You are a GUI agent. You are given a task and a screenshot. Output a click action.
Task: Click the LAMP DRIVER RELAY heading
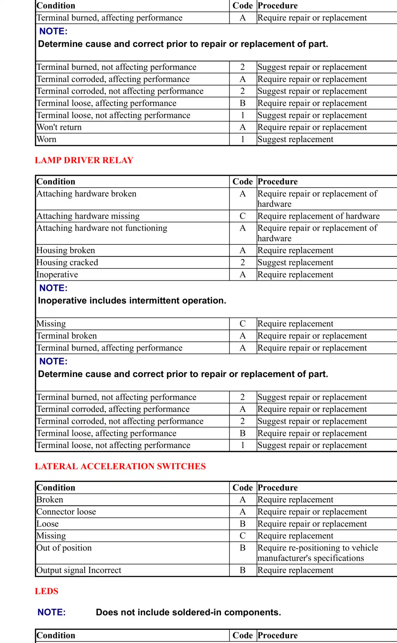pos(84,160)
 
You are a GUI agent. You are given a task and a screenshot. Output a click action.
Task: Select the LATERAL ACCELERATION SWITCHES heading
pos(120,466)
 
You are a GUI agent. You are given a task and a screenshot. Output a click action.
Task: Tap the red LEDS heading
pos(47,591)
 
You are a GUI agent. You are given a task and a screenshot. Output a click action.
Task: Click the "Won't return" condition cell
pos(59,127)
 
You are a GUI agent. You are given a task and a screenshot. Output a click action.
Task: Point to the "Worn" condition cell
pos(47,139)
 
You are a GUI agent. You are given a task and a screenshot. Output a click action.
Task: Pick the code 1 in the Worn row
pos(243,139)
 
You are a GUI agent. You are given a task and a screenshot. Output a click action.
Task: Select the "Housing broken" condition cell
pos(66,251)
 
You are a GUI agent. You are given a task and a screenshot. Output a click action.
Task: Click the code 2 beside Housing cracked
pos(243,262)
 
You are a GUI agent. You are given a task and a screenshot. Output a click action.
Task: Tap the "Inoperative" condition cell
pos(57,275)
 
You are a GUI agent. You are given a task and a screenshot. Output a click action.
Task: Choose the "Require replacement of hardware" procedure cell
pos(318,216)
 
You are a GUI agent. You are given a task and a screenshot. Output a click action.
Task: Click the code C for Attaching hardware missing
pos(243,216)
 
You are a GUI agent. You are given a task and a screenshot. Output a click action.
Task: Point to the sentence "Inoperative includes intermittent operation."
pos(132,300)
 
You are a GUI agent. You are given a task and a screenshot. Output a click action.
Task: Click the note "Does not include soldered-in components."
pos(188,612)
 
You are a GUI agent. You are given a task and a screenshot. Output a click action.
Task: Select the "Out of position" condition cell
pos(64,548)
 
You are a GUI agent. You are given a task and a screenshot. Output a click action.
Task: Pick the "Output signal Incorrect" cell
pos(79,570)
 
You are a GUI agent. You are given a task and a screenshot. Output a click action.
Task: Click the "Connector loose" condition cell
pos(66,512)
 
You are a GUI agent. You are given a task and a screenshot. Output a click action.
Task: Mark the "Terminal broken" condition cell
pos(67,336)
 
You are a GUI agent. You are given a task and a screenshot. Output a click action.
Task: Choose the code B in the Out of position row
pos(243,548)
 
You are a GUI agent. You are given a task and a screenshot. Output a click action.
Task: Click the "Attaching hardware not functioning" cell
pos(102,228)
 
